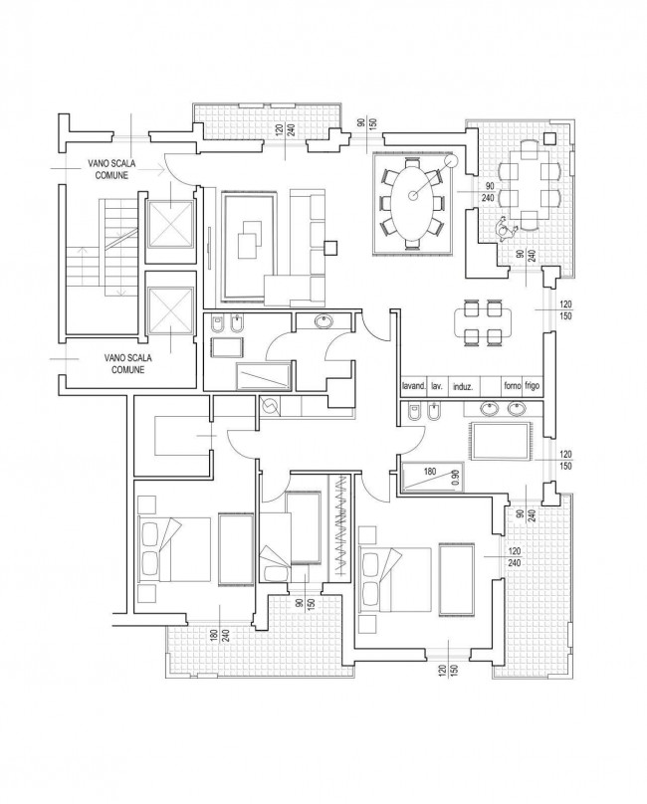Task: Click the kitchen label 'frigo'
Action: [533, 386]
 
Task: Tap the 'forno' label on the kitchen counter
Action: [513, 386]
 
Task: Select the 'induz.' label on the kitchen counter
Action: [463, 387]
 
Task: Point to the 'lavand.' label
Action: [413, 386]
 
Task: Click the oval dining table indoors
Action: [413, 204]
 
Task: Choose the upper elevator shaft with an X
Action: [170, 224]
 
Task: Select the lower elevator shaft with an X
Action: [170, 309]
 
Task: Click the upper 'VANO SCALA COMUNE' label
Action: [111, 169]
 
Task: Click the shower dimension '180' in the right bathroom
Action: [430, 472]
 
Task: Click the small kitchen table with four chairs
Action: [483, 322]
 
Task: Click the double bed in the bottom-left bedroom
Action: [175, 549]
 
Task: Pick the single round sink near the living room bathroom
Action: [323, 321]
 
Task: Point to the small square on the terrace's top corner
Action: [549, 138]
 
